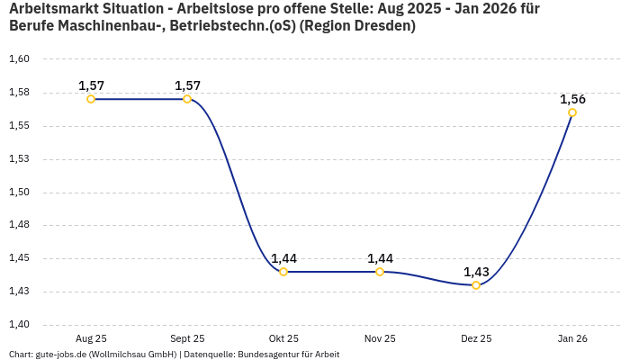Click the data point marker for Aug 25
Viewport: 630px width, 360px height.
coord(91,99)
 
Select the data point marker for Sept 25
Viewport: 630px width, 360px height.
coord(187,99)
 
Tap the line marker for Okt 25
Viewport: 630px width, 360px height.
coord(283,272)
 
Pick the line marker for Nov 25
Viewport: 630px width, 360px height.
coord(380,272)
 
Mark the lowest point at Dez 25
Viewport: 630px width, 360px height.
coord(476,285)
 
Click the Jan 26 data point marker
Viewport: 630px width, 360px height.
coord(572,112)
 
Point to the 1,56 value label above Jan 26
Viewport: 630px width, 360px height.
coord(572,99)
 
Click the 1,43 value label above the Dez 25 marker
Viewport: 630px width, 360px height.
coord(476,272)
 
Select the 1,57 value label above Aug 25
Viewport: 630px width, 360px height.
coord(91,85)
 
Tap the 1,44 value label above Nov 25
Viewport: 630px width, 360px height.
coord(380,258)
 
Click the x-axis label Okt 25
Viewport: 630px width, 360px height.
coord(283,338)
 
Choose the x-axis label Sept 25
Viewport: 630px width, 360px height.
coord(187,338)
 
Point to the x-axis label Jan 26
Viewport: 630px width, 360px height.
coord(572,338)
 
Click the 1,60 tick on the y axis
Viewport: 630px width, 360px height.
coord(19,59)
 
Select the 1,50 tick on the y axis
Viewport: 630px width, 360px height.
coord(19,192)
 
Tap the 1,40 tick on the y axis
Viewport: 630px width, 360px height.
coord(19,325)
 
